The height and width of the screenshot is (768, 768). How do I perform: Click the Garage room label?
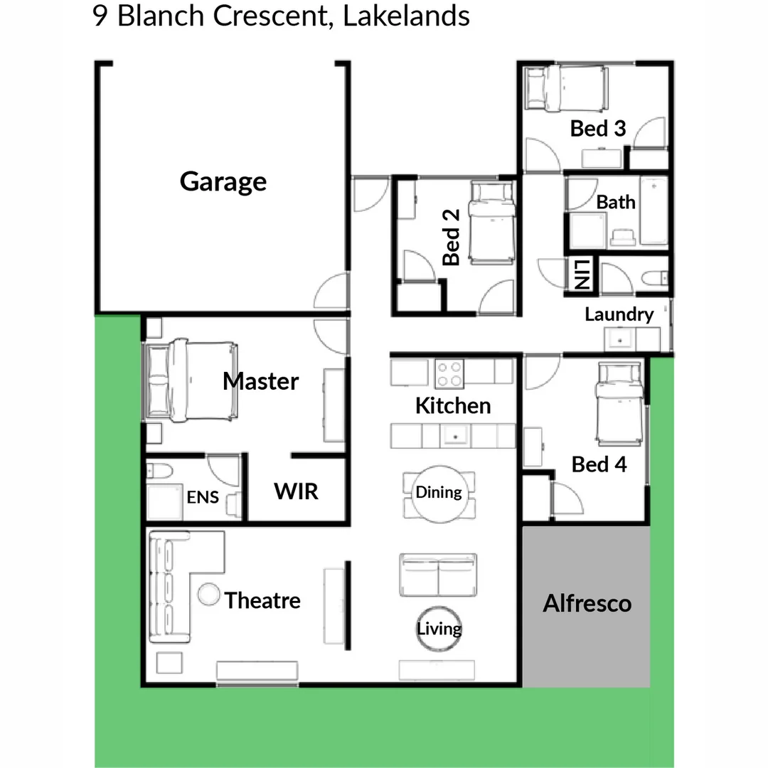(x=223, y=182)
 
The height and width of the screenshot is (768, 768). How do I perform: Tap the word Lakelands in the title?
(x=406, y=16)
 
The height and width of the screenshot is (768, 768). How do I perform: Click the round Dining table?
(x=438, y=492)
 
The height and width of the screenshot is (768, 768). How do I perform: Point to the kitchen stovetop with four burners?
(x=449, y=373)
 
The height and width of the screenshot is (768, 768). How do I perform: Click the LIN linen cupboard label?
(x=581, y=274)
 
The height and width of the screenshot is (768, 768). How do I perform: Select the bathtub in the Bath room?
(x=654, y=211)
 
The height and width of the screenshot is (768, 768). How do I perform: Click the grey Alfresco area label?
(x=587, y=604)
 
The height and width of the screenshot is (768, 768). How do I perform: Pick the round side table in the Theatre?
(x=209, y=594)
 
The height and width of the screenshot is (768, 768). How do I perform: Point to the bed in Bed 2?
(x=493, y=221)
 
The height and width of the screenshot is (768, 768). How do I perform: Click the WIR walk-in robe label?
(x=297, y=491)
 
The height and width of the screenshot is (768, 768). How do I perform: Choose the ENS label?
(x=203, y=497)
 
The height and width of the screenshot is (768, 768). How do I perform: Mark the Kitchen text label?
(x=453, y=406)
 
